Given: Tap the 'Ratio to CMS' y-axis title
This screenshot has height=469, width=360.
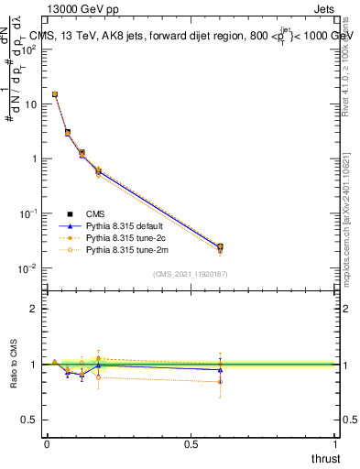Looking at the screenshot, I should tap(15, 364).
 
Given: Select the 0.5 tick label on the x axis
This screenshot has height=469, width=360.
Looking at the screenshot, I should tap(191, 443).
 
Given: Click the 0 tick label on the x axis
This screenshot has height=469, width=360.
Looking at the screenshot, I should tap(47, 443).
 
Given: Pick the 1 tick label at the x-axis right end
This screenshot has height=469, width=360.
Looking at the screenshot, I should tap(336, 443).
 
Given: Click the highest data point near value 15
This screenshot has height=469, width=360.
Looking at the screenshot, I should tap(55, 94).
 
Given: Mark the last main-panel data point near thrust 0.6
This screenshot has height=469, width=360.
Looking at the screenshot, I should tap(220, 246).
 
